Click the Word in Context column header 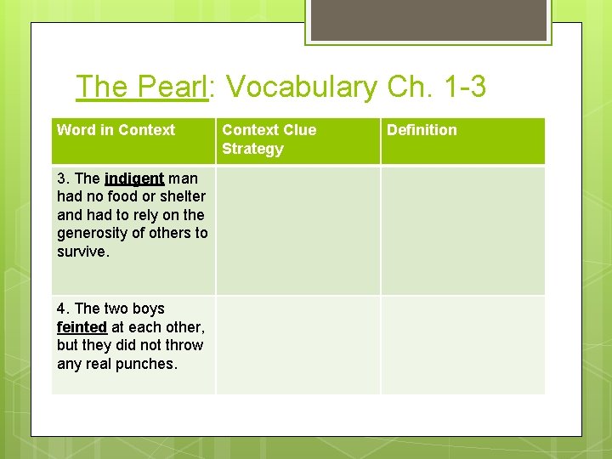(116, 130)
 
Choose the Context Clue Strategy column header (269, 139)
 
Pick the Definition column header (422, 130)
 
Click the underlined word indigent (134, 178)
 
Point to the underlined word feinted (82, 327)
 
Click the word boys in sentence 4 (144, 309)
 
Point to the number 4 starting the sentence (61, 309)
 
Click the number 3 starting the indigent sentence (61, 178)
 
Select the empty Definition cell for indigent (462, 230)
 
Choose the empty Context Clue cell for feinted (297, 344)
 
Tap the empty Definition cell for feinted (462, 344)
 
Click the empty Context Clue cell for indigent (297, 230)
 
